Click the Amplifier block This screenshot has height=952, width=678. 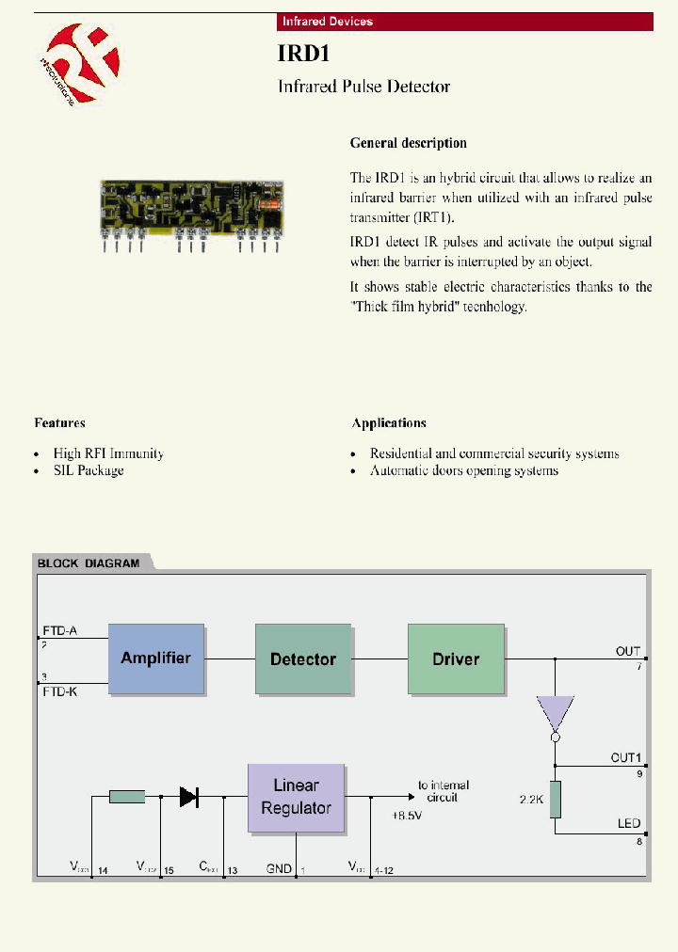click(x=155, y=658)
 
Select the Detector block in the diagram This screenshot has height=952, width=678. click(x=302, y=658)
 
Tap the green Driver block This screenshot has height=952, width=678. click(x=456, y=658)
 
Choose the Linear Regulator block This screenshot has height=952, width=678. click(x=296, y=797)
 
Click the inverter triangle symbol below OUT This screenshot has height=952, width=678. click(x=555, y=714)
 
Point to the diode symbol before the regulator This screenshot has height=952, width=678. click(x=188, y=797)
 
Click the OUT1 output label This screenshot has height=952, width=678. click(x=625, y=757)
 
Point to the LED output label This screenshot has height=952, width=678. click(x=629, y=823)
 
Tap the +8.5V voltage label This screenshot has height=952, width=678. click(x=406, y=816)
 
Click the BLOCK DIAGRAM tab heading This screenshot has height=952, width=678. click(x=89, y=563)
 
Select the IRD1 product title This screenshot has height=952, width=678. click(x=302, y=54)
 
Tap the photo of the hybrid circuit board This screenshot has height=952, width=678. click(x=192, y=206)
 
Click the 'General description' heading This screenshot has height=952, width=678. click(x=408, y=143)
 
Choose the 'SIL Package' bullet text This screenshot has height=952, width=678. click(x=89, y=470)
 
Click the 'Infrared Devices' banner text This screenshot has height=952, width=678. click(x=328, y=22)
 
